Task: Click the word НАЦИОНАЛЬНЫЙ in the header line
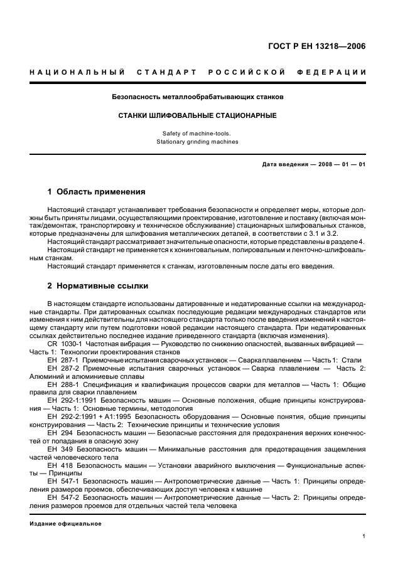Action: tap(75, 72)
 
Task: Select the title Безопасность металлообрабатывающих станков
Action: tap(198, 98)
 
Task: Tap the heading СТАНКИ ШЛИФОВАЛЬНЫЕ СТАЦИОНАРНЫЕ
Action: tap(198, 116)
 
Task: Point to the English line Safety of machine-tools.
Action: tap(197, 134)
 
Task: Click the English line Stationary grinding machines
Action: tap(197, 142)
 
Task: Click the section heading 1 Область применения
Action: tap(97, 192)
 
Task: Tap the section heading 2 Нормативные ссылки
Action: tap(99, 286)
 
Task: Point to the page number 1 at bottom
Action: tap(364, 537)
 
